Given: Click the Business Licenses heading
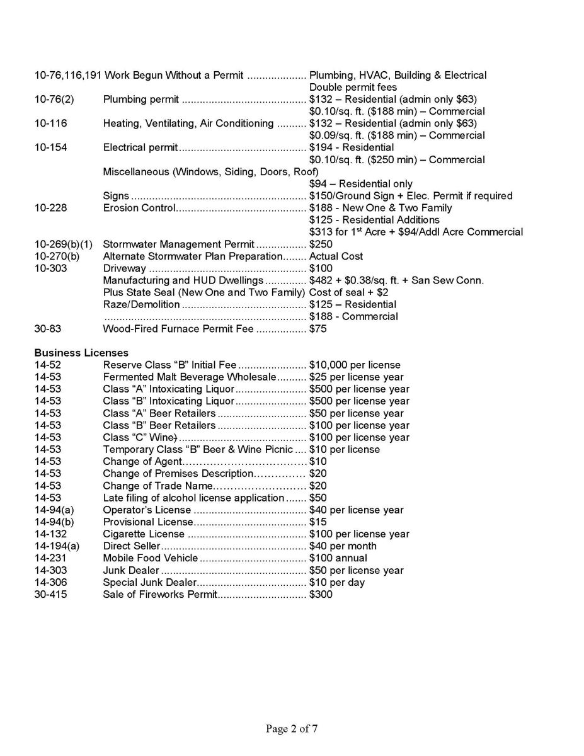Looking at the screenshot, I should [81, 353].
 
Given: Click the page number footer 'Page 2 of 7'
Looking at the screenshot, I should [292, 729].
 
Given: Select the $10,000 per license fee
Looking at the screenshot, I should [355, 365].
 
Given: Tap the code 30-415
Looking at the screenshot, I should [50, 594].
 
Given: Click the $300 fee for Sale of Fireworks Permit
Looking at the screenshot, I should [321, 594].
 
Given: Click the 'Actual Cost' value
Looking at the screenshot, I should [336, 256].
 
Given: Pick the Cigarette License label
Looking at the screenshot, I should [144, 534].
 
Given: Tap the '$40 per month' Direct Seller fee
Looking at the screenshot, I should [343, 546].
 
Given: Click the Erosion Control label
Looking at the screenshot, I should [139, 208].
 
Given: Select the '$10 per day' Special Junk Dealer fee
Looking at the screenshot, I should [337, 583].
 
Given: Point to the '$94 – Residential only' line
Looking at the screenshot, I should [361, 184].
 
